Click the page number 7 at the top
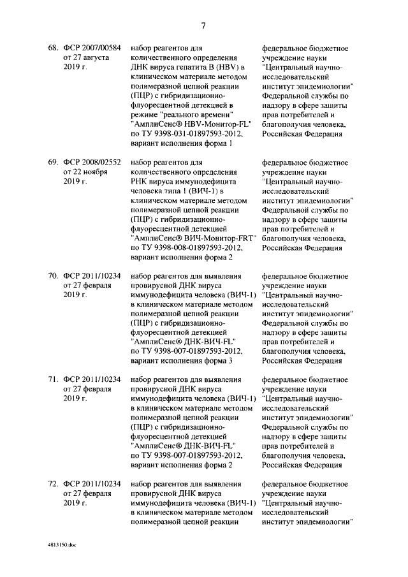point(203,26)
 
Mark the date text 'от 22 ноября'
point(86,172)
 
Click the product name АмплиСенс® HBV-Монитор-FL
point(185,124)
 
